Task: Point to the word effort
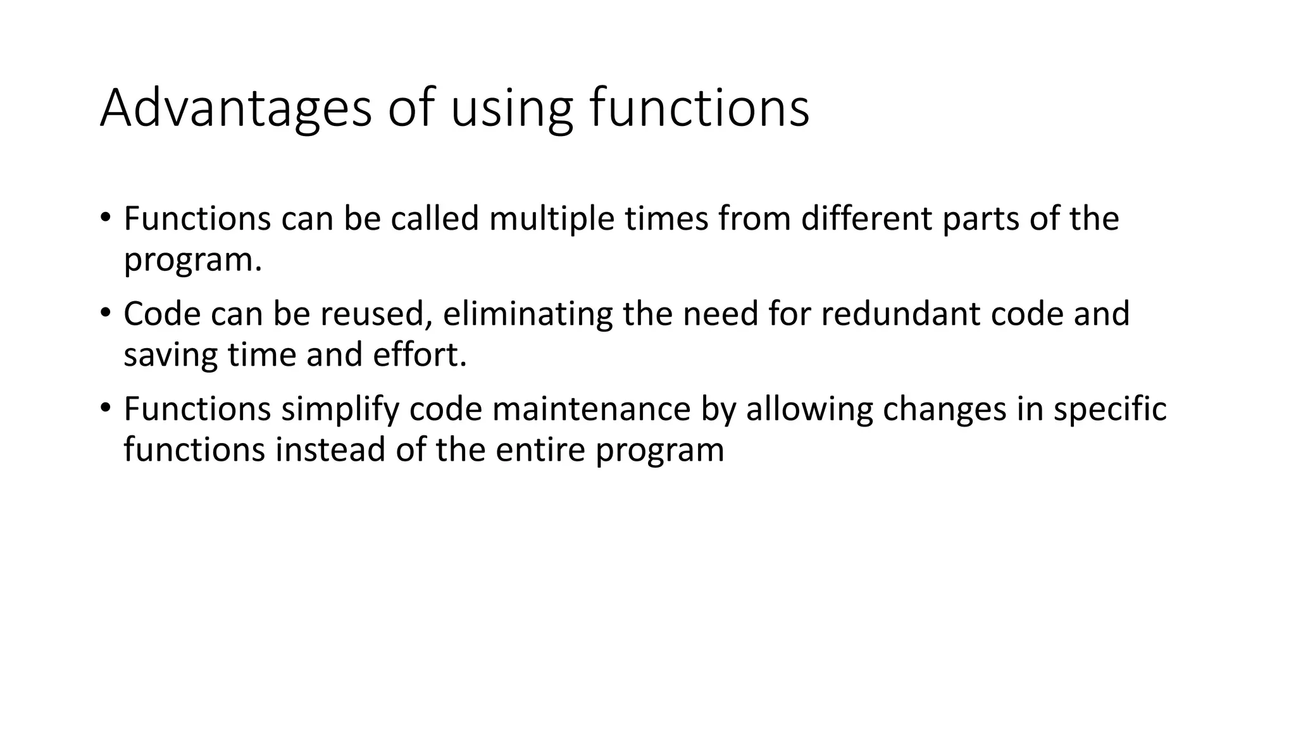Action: click(419, 354)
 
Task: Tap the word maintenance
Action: click(591, 409)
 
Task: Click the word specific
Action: click(1109, 409)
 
